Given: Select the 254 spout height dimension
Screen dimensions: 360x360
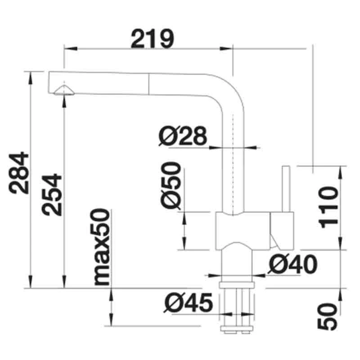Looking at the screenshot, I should click(51, 194).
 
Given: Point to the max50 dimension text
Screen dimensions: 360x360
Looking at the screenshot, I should click(103, 247).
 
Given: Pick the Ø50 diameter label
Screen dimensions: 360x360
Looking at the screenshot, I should click(171, 186).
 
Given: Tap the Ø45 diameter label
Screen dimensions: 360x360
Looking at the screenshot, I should click(188, 304).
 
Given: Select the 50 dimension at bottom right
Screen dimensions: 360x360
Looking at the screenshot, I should click(328, 316).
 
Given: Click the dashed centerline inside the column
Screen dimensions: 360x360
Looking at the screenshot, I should click(233, 162).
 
